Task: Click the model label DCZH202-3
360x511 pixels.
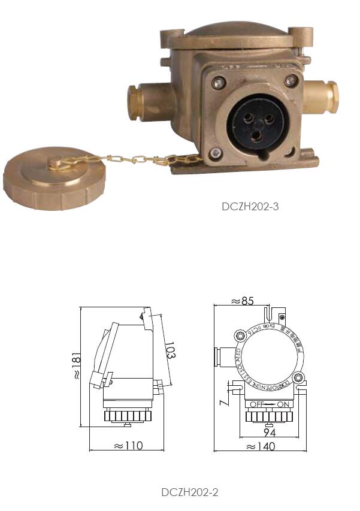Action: pyautogui.click(x=250, y=207)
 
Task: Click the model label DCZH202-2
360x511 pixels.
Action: pyautogui.click(x=189, y=492)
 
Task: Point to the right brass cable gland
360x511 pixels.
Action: pyautogui.click(x=323, y=95)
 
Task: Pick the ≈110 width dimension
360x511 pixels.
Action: pyautogui.click(x=126, y=445)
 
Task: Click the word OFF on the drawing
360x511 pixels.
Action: pyautogui.click(x=256, y=404)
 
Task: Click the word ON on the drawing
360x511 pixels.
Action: pyautogui.click(x=283, y=404)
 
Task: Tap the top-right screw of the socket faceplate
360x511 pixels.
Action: pyautogui.click(x=291, y=80)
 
